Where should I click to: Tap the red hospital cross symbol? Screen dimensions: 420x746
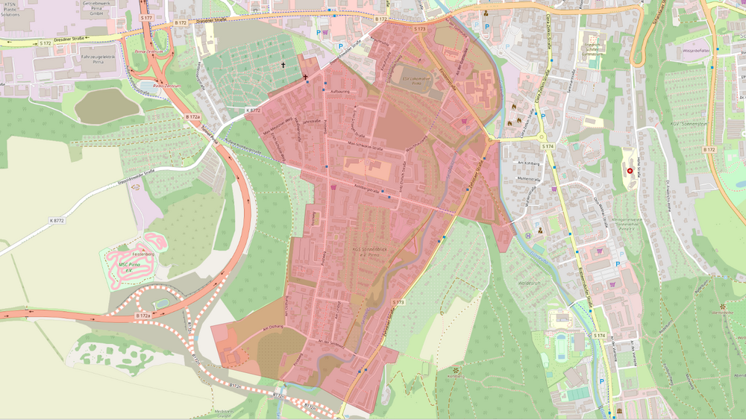coord(630,171)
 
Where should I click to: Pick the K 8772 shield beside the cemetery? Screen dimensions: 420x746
coord(253,110)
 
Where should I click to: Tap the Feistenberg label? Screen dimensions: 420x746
coord(143,254)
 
